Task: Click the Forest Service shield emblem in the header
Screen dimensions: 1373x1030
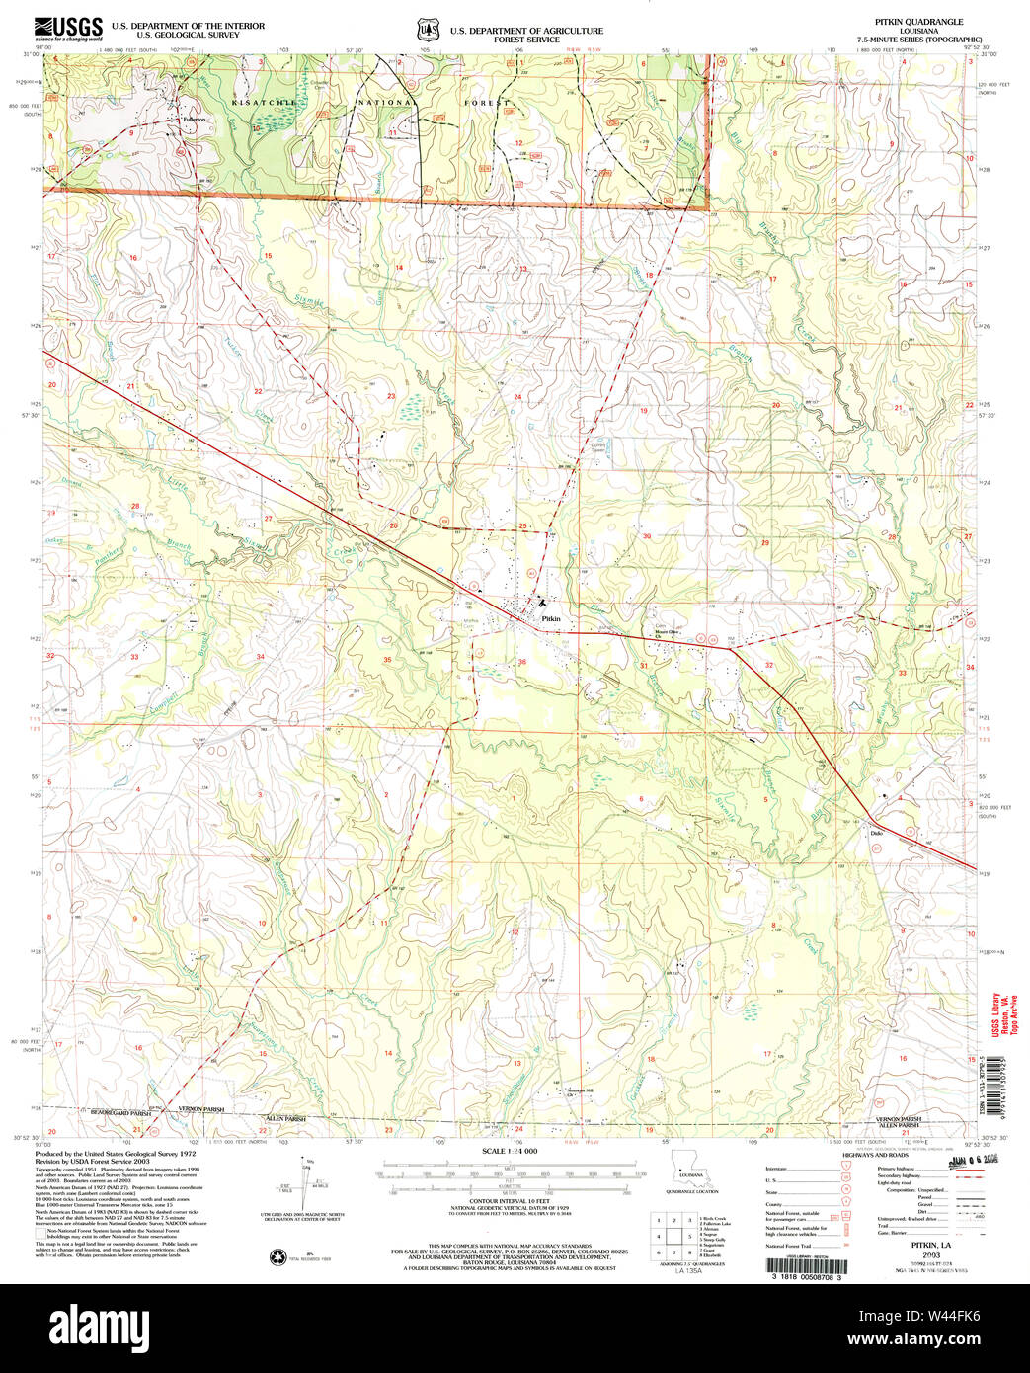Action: pyautogui.click(x=427, y=30)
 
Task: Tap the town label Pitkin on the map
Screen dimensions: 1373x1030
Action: pyautogui.click(x=551, y=618)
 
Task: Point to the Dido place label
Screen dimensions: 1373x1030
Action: pyautogui.click(x=875, y=833)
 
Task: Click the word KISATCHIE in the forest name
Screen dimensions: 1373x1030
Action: pyautogui.click(x=264, y=103)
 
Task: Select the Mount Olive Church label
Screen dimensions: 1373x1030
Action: pyautogui.click(x=668, y=632)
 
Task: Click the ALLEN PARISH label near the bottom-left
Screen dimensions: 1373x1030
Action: pyautogui.click(x=285, y=1118)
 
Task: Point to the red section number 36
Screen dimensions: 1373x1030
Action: pyautogui.click(x=521, y=662)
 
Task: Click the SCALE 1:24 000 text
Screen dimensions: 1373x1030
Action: pyautogui.click(x=510, y=1152)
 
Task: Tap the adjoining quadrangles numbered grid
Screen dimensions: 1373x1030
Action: pyautogui.click(x=673, y=1236)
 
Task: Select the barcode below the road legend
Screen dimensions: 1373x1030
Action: pyautogui.click(x=806, y=1264)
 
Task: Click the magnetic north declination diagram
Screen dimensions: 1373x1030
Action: pyautogui.click(x=301, y=1180)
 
